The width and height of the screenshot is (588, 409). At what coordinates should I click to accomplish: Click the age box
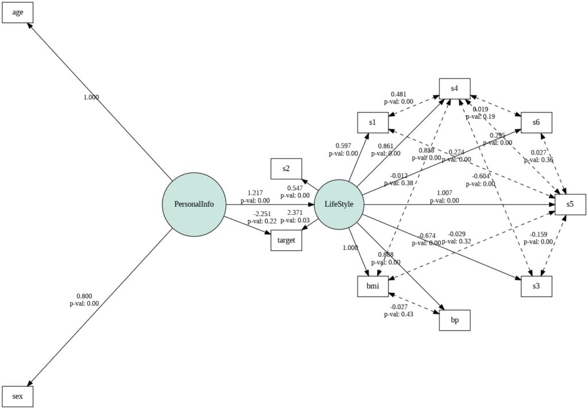(x=18, y=12)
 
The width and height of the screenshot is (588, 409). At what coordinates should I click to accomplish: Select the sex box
(x=18, y=396)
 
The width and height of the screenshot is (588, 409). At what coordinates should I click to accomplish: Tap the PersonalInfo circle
(x=194, y=204)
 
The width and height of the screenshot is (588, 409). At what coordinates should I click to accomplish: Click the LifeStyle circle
(x=339, y=204)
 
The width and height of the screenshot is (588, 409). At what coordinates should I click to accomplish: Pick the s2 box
(x=286, y=168)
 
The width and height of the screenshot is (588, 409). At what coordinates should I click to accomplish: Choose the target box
(x=286, y=240)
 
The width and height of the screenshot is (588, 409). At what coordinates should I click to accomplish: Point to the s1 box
(x=373, y=122)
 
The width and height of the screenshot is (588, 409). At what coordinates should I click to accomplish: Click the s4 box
(x=454, y=88)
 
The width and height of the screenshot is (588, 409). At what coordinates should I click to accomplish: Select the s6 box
(x=536, y=122)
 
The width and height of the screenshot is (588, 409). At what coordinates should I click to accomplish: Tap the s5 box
(x=569, y=204)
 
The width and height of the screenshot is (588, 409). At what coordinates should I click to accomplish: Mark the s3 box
(x=536, y=286)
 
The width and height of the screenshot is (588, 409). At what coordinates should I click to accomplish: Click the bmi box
(x=373, y=286)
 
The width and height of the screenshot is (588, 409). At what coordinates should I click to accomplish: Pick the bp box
(x=454, y=320)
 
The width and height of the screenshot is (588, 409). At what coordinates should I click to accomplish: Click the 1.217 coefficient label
(x=255, y=193)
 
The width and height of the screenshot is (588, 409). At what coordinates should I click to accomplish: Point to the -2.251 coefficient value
(x=262, y=213)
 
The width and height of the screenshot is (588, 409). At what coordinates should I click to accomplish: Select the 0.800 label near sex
(x=84, y=296)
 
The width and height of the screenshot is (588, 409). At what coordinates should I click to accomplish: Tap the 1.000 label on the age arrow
(x=91, y=97)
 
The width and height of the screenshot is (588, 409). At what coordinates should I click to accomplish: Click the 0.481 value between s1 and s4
(x=399, y=94)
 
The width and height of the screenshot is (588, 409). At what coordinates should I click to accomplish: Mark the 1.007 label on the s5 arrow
(x=444, y=192)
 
